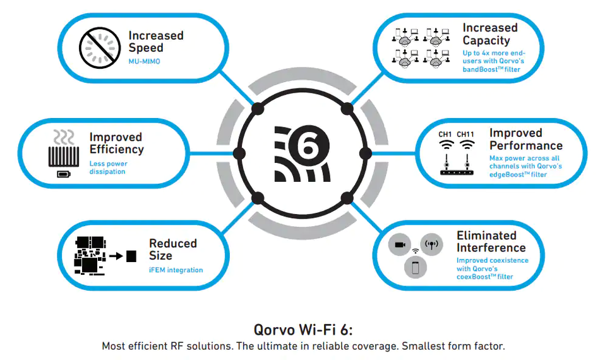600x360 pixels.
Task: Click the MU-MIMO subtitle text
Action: [144, 61]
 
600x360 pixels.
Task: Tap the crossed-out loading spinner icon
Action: [100, 48]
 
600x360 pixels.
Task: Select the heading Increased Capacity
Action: [490, 34]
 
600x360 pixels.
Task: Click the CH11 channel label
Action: [465, 135]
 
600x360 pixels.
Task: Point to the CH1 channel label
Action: [445, 135]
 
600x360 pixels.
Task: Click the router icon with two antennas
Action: [457, 165]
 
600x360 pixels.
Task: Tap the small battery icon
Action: [64, 174]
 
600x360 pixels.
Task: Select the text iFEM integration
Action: [176, 270]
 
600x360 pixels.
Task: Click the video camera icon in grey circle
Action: [400, 244]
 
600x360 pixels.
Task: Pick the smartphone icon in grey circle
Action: [416, 267]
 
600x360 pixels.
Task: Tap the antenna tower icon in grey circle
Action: [431, 244]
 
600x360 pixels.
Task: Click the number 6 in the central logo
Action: [309, 146]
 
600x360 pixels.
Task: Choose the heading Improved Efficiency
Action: [117, 143]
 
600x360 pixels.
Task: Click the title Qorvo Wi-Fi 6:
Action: [303, 330]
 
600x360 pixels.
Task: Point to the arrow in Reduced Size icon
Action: [116, 256]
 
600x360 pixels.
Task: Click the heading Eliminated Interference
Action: [491, 241]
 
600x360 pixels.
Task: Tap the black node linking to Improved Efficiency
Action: [239, 154]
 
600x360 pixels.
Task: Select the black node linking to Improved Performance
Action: [366, 154]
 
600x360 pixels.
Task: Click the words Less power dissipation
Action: [108, 167]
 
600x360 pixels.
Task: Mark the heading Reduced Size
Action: [173, 249]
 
